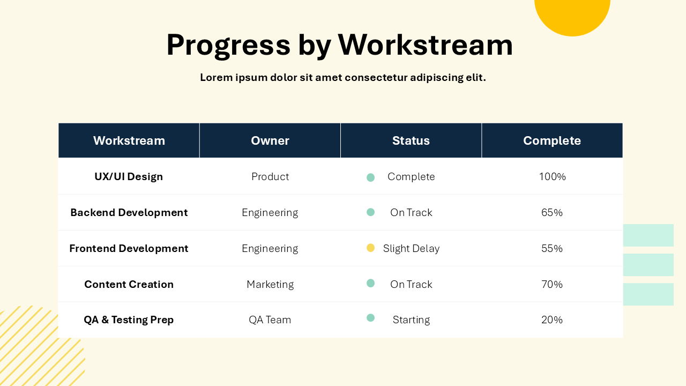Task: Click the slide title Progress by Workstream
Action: click(x=339, y=44)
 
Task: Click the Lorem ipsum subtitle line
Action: click(x=342, y=78)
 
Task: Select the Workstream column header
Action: click(x=129, y=140)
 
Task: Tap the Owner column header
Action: click(x=270, y=140)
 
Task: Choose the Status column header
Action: click(x=411, y=140)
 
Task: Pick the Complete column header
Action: click(x=552, y=140)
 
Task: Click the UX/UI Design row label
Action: click(x=129, y=176)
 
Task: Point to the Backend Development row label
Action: click(x=129, y=212)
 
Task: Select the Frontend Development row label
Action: click(x=129, y=248)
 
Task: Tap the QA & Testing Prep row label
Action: click(x=129, y=320)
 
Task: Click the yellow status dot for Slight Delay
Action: click(x=370, y=248)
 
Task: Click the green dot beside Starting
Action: click(x=370, y=318)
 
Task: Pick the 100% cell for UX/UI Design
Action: click(x=552, y=176)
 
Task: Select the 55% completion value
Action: click(x=552, y=248)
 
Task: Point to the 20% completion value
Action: click(x=552, y=320)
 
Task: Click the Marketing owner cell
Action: click(x=270, y=284)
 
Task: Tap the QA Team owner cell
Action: click(x=270, y=320)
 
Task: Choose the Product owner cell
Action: click(x=270, y=176)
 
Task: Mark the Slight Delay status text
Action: click(x=411, y=248)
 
